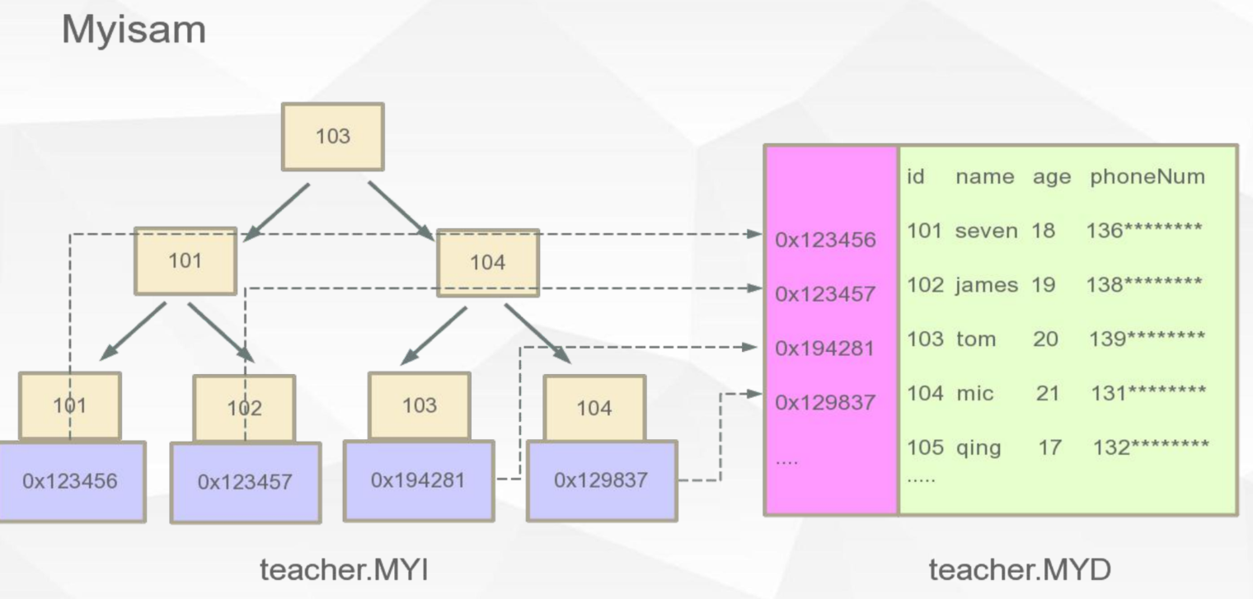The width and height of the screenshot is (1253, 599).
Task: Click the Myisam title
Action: [x=134, y=30]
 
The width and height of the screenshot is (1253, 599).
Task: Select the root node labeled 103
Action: [x=332, y=137]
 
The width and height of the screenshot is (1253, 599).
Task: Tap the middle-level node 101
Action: [x=185, y=261]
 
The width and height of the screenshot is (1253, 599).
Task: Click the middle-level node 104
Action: [x=487, y=263]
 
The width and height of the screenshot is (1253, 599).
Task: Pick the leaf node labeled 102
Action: [x=244, y=408]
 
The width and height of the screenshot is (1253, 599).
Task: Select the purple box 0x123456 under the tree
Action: [x=71, y=481]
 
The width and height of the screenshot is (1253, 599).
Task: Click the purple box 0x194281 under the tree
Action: [x=418, y=480]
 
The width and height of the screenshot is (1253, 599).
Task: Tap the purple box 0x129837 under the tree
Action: [x=601, y=480]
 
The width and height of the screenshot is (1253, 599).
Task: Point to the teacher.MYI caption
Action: [x=343, y=569]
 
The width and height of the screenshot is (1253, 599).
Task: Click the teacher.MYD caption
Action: [x=1019, y=569]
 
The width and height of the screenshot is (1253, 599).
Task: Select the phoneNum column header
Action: [x=1147, y=176]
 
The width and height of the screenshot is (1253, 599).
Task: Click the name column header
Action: [x=984, y=176]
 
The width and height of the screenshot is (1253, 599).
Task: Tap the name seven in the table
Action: [x=986, y=231]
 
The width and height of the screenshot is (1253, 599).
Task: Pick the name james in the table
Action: [x=986, y=285]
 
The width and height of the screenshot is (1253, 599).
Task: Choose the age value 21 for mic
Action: [x=1047, y=394]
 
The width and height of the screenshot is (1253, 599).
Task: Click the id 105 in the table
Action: [x=924, y=447]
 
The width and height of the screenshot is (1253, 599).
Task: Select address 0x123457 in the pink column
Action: [x=825, y=294]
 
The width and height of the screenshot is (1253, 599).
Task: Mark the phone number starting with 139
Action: [x=1147, y=339]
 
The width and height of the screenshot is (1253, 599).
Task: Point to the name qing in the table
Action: [x=978, y=448]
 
